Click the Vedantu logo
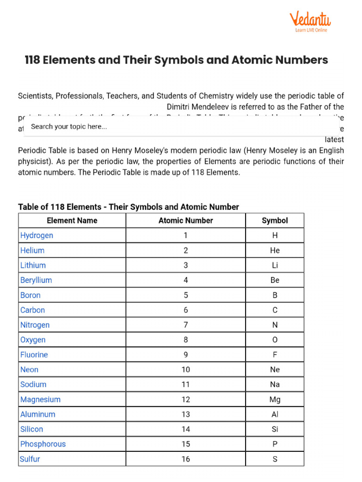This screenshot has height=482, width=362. coord(310,19)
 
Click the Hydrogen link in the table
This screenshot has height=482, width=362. coord(37,235)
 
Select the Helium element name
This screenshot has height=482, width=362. coord(33,250)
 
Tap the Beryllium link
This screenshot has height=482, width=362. coord(36,280)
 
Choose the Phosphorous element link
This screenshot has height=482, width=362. coord(43,444)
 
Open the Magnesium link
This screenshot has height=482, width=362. coord(41,399)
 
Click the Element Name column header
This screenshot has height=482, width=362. coord(72,220)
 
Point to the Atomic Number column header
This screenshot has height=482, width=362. coord(186,220)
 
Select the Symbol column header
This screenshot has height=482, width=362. coord(275,220)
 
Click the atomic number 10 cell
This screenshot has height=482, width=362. coord(186,370)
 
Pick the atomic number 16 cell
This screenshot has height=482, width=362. coord(186,459)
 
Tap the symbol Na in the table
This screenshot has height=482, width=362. coord(275,385)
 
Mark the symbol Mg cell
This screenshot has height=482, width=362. coord(275,399)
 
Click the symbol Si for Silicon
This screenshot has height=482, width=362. coord(275,429)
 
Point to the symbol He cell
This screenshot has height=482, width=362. coord(275,250)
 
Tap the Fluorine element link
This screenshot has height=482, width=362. coord(34,354)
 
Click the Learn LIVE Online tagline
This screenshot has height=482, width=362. coord(311,30)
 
